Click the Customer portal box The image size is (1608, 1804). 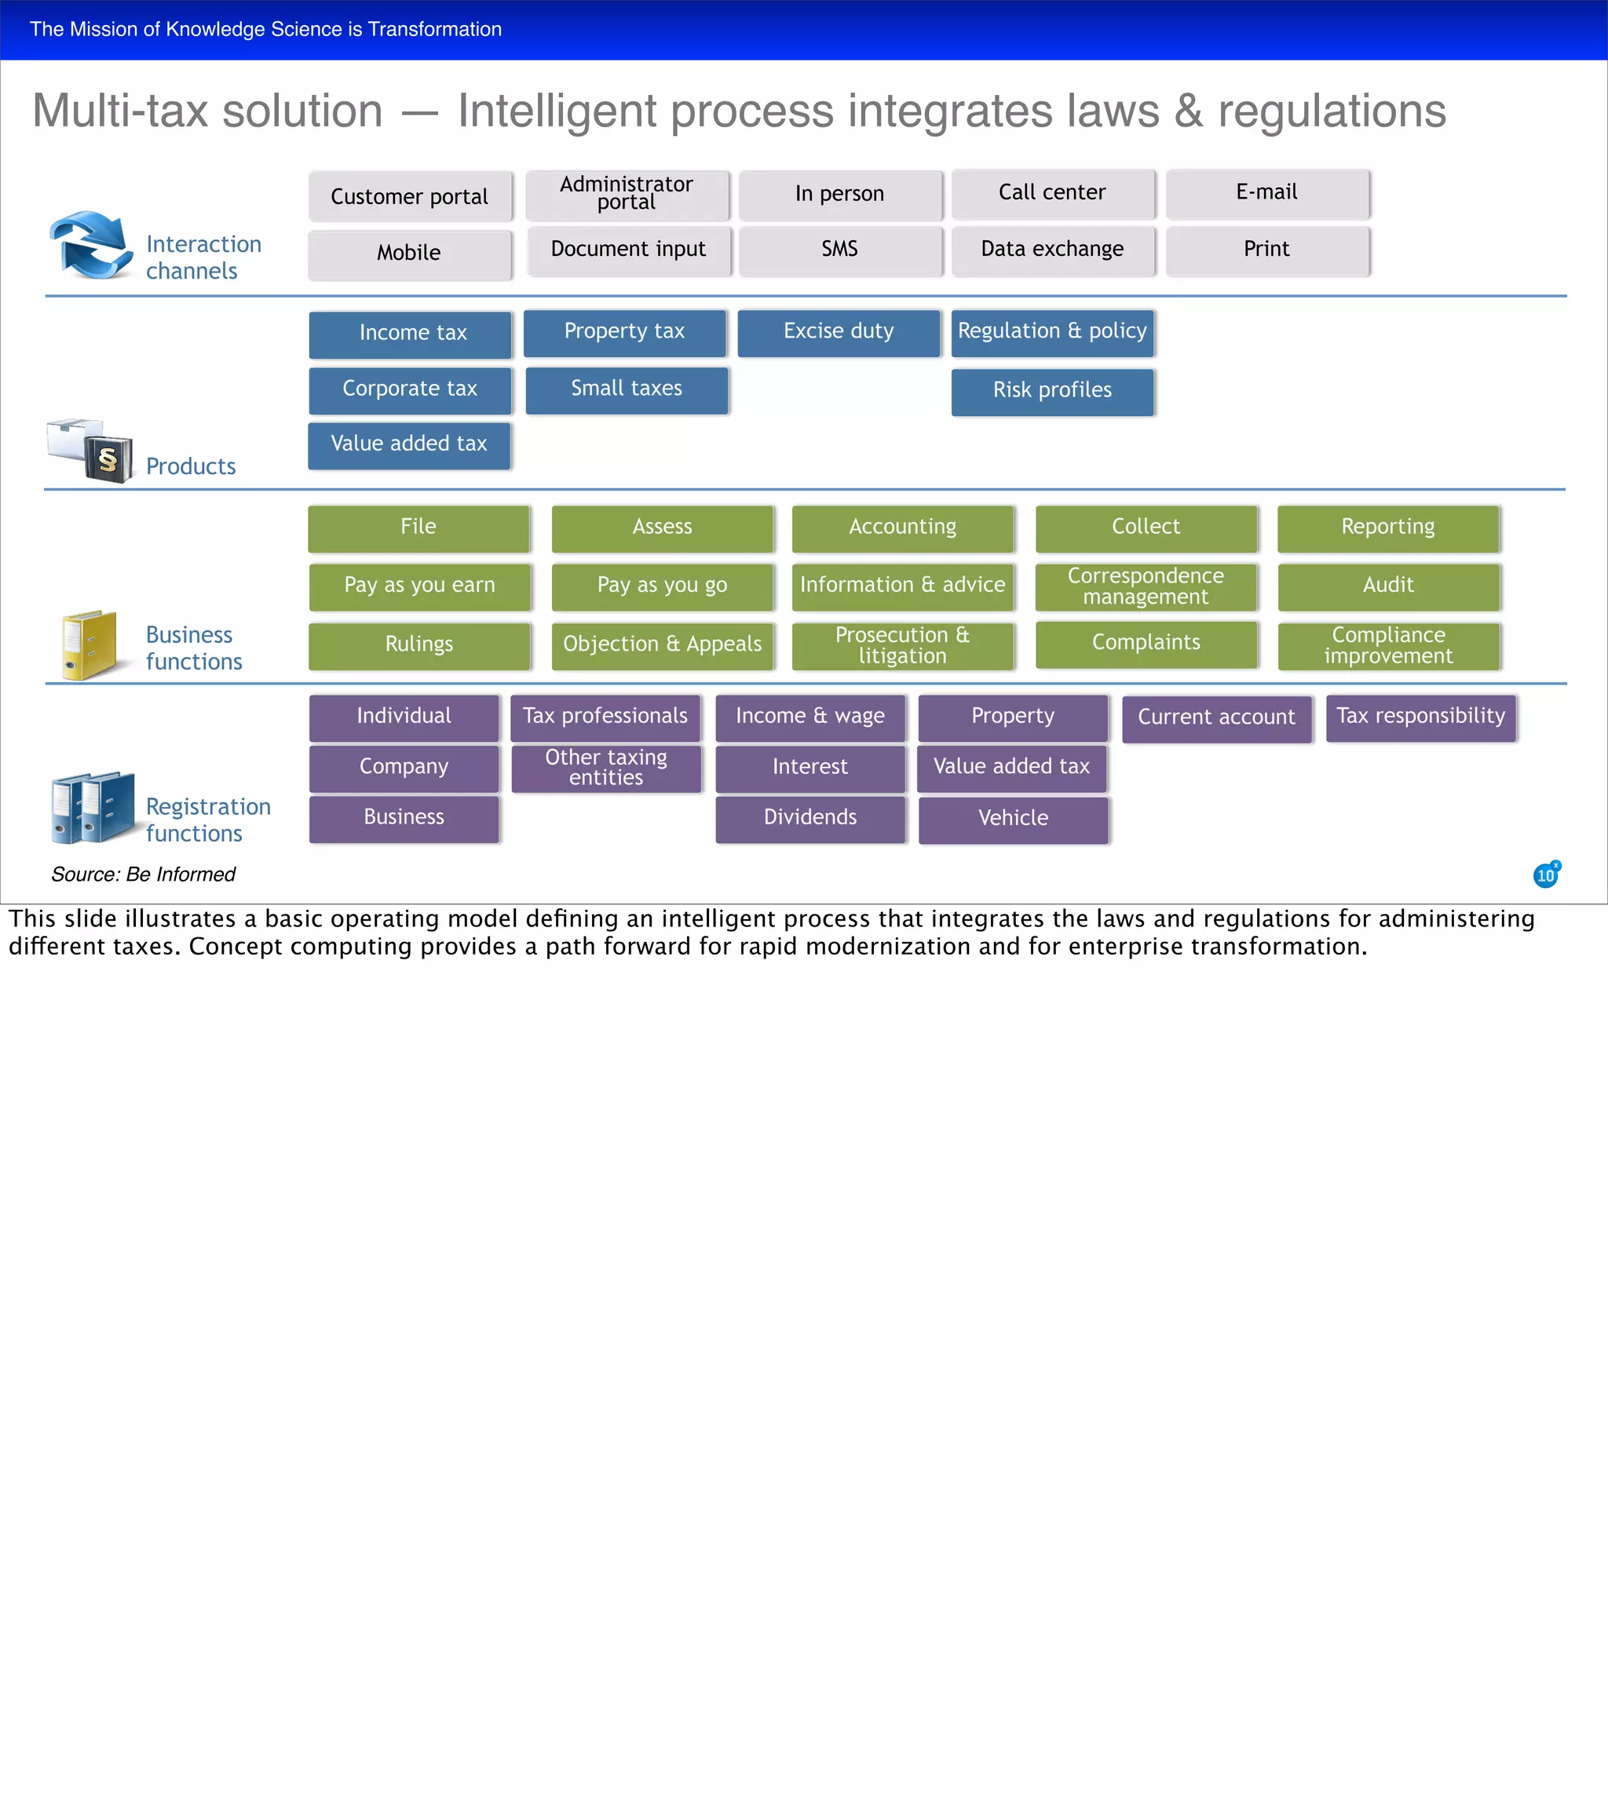tap(410, 196)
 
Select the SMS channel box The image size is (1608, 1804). tap(839, 250)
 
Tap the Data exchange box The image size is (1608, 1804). tap(1052, 250)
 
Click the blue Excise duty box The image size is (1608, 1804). tap(839, 332)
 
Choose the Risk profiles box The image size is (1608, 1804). tap(1052, 390)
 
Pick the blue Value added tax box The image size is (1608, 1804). tap(409, 444)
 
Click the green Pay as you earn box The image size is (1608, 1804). tap(420, 586)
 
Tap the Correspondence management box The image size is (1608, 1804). tap(1146, 586)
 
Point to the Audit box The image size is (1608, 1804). tap(1388, 586)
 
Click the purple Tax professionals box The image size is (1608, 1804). tap(605, 717)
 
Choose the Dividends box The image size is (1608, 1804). tap(810, 818)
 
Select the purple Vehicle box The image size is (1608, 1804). tap(1013, 819)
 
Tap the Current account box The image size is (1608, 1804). tap(1217, 718)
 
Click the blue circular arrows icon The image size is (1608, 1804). tap(90, 245)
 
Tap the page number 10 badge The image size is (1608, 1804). tap(1546, 875)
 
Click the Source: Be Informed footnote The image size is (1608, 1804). tap(143, 875)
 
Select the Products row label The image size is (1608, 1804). tap(191, 466)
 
